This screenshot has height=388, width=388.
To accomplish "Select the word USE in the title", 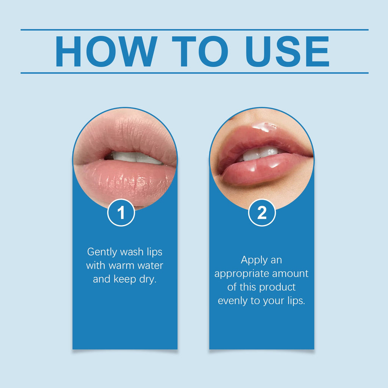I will coord(287,52).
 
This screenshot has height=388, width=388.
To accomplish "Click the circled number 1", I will coord(121,213).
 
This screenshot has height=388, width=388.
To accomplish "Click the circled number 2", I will coord(262,213).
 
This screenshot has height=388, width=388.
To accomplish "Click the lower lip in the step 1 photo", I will coord(125,182).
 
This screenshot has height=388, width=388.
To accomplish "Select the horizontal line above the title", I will coord(194,30).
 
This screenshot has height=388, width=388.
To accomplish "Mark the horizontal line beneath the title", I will coord(194,73).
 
